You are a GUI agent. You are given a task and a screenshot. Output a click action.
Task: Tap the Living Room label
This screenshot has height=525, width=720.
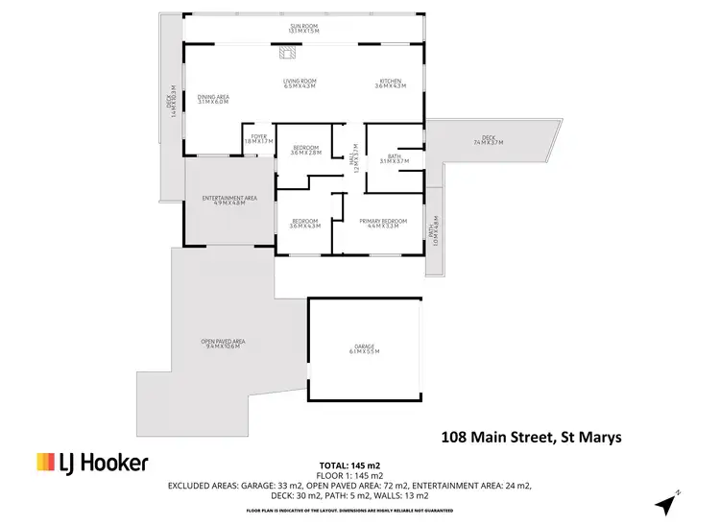point(300,84)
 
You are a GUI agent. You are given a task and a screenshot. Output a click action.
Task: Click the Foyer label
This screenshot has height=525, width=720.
point(258,138)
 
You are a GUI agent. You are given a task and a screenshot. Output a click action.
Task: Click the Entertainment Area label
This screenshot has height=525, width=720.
point(229,202)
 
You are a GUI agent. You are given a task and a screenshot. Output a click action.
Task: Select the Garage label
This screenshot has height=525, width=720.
point(365,350)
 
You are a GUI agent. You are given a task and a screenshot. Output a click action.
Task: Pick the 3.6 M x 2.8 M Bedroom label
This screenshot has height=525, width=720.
point(305,150)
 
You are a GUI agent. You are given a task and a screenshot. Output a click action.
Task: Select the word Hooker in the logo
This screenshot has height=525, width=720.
point(115,464)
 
